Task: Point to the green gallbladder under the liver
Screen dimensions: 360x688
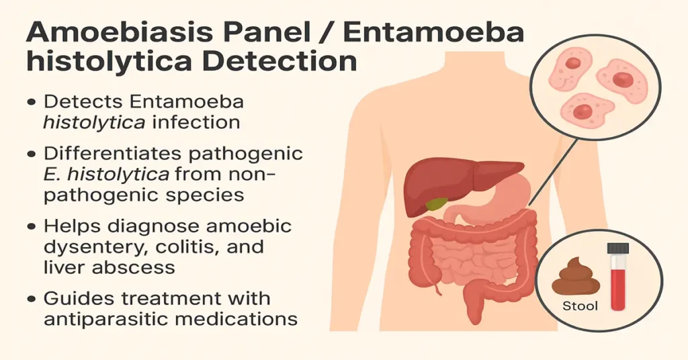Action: point(438,203)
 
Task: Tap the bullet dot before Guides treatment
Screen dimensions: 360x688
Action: point(31,298)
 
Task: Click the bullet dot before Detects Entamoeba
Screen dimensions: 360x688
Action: point(31,102)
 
